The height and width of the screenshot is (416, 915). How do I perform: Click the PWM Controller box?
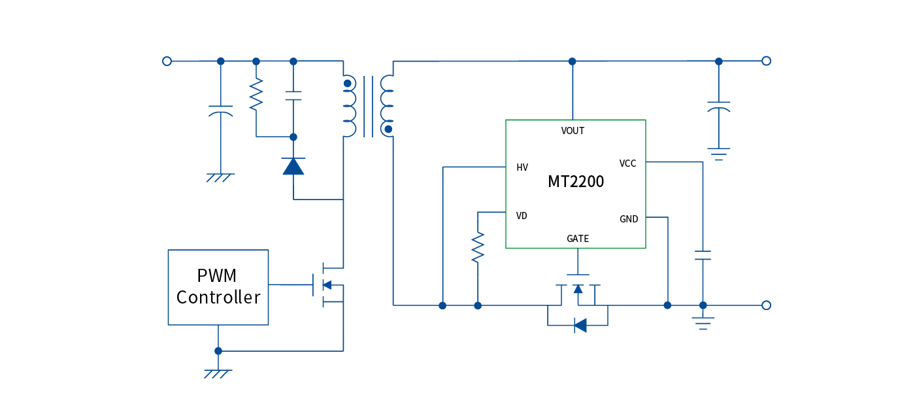(218, 287)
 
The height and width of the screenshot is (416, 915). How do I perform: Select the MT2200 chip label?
(576, 182)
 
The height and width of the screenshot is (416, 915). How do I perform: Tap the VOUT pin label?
(573, 131)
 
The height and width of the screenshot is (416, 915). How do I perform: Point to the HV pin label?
(522, 167)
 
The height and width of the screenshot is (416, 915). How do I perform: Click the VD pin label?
(522, 215)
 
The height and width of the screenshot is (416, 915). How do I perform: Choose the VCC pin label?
(627, 164)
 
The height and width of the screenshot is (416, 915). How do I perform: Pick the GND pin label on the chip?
(629, 219)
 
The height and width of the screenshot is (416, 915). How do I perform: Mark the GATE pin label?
(578, 239)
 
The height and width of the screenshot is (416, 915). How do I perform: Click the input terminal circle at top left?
(167, 61)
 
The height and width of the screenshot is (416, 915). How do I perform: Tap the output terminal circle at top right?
(766, 61)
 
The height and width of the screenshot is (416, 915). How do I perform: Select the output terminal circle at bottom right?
(766, 305)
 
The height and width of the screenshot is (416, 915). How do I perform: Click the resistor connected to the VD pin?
(478, 247)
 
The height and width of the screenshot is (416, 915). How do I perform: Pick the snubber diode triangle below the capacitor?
(293, 166)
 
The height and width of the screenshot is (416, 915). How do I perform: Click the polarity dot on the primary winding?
(348, 83)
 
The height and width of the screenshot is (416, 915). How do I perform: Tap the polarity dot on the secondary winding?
(388, 130)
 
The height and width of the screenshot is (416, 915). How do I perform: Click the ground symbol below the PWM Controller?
(218, 373)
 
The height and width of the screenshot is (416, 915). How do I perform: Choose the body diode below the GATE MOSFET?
(580, 325)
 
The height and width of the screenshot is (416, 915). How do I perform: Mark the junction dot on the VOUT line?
(573, 61)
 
